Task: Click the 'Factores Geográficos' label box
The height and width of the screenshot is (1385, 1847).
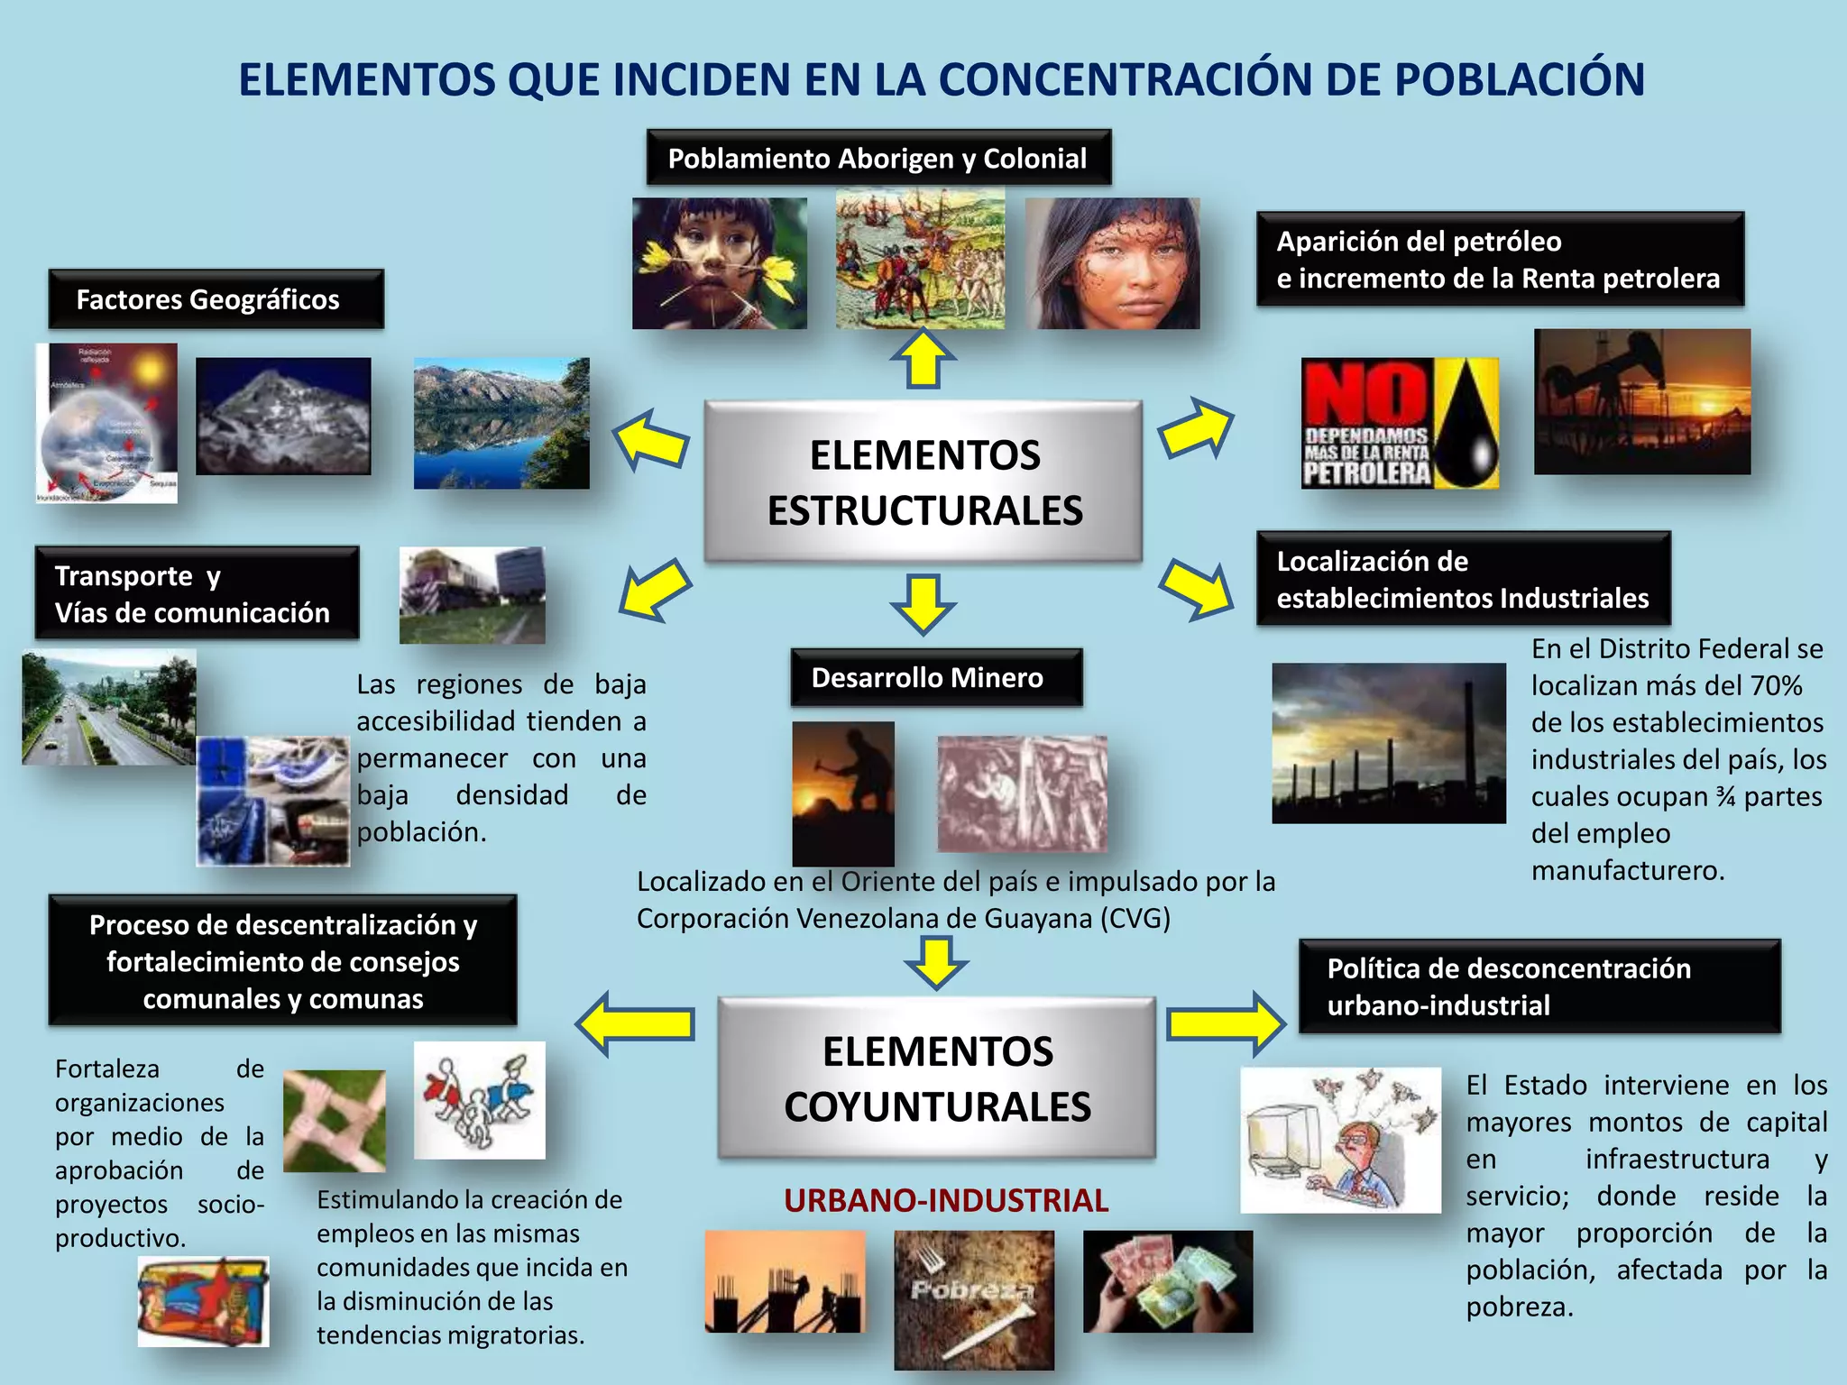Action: pos(216,299)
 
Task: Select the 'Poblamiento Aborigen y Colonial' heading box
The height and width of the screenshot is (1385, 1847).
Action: pos(878,158)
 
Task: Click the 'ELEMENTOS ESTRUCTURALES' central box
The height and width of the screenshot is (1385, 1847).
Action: pos(923,482)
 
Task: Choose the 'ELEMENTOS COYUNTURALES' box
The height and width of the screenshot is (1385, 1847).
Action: pos(936,1078)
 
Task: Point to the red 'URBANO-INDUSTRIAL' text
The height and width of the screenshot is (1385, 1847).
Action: pos(945,1200)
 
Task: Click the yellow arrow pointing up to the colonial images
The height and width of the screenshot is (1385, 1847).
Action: pos(923,359)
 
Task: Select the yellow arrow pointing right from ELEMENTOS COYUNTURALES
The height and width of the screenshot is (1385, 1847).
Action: pos(1225,1023)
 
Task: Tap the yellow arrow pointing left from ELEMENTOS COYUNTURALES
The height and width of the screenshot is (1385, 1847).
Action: pos(636,1023)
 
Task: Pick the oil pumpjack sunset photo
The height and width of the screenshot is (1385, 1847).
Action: pos(1641,402)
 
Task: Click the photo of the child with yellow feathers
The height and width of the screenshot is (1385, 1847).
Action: pos(720,263)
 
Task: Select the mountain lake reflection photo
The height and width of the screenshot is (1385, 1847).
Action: pos(501,424)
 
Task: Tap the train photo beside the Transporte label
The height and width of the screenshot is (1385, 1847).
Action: pos(472,595)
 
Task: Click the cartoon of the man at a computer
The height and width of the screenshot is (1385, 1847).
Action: pos(1340,1140)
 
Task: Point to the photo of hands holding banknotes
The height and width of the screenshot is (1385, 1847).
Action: pos(1167,1281)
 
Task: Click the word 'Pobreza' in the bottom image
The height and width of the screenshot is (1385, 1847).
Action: pos(970,1289)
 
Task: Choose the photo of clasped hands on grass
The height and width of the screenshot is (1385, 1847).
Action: pos(334,1121)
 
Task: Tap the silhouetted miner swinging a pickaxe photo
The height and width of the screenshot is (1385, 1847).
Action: pos(843,793)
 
